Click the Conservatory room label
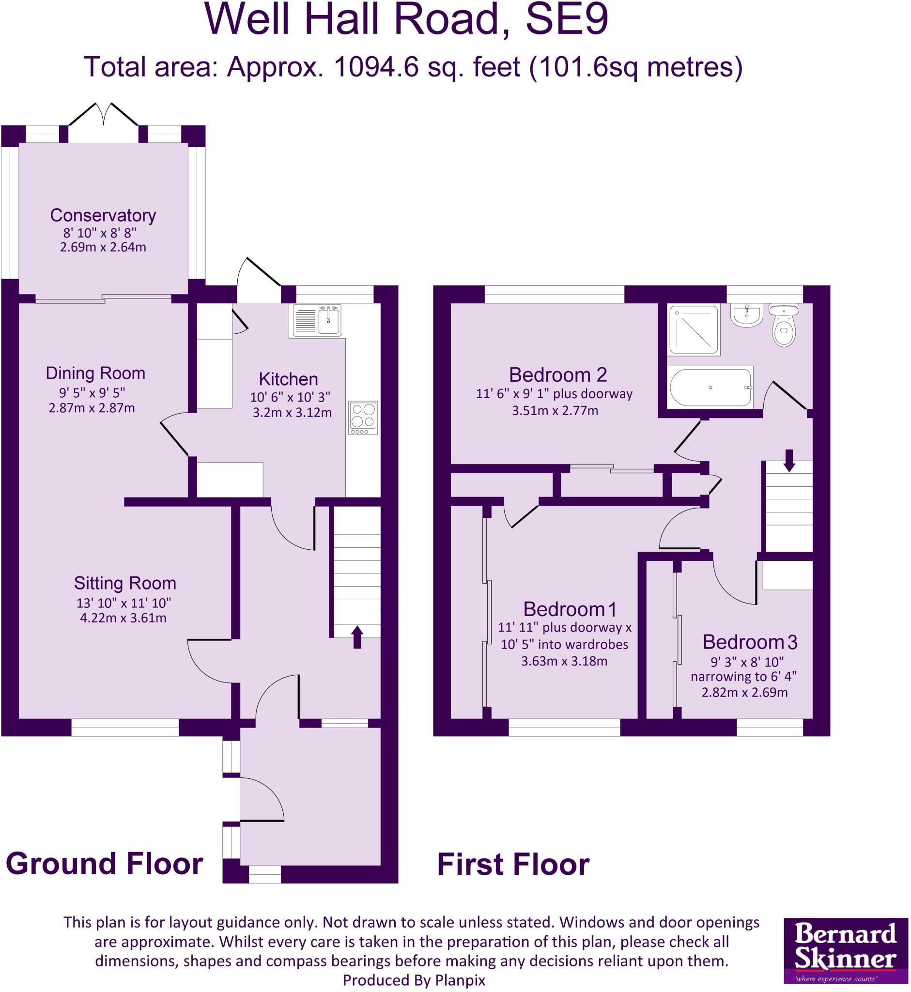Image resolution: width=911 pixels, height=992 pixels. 103,216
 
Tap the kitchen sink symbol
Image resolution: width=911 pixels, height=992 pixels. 317,321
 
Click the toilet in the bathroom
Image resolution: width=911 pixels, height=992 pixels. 784,325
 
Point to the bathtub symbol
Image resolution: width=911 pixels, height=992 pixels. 710,387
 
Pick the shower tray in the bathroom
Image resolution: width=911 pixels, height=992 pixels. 694,329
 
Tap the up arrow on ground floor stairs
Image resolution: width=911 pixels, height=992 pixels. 357,637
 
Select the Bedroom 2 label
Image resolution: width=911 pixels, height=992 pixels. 557,375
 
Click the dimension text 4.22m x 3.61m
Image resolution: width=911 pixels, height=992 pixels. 123,618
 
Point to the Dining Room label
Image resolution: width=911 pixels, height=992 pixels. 95,373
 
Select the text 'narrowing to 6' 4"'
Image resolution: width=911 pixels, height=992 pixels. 743,677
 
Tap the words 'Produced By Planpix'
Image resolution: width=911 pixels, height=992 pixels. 414,980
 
